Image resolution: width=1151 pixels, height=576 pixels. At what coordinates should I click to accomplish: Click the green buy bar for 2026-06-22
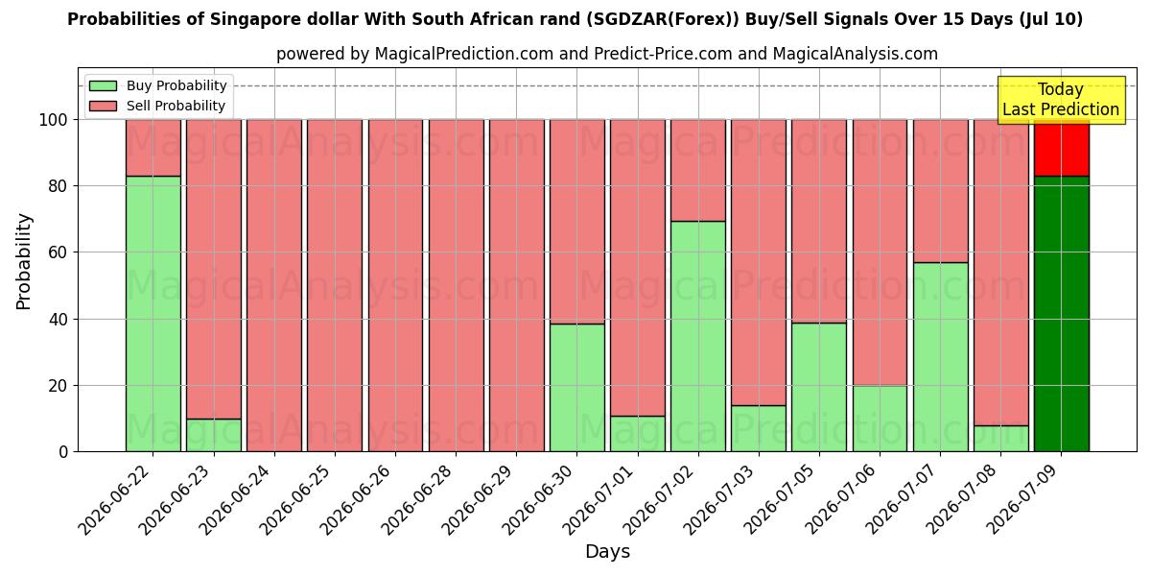point(153,314)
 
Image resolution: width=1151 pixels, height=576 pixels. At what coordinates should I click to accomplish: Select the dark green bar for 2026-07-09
point(1062,314)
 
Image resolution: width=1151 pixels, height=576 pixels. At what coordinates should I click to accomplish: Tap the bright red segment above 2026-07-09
point(1062,148)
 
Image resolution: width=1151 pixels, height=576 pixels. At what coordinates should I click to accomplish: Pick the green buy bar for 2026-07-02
point(698,336)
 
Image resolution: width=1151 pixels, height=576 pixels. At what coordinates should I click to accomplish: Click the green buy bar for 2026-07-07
point(940,357)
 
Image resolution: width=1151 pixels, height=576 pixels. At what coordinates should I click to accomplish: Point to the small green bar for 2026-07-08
point(1001,439)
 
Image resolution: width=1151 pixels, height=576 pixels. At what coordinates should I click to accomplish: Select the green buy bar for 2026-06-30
point(577,388)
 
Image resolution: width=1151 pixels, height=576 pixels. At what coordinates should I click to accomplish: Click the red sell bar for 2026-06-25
point(335,285)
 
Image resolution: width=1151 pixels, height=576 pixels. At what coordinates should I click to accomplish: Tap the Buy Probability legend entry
point(157,85)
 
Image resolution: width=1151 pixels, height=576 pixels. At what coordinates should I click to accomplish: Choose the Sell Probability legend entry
point(157,106)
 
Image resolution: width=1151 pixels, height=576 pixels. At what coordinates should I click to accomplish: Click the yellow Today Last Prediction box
point(1062,100)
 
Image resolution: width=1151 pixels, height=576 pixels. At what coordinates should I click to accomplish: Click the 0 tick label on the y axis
point(63,451)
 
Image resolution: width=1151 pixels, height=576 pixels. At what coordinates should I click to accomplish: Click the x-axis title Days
point(607,551)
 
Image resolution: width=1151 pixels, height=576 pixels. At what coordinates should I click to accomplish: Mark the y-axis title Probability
point(24,262)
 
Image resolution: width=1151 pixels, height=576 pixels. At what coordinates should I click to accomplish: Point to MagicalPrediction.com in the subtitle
point(463,54)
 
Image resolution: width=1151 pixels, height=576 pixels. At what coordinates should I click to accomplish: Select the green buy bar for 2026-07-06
point(880,419)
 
